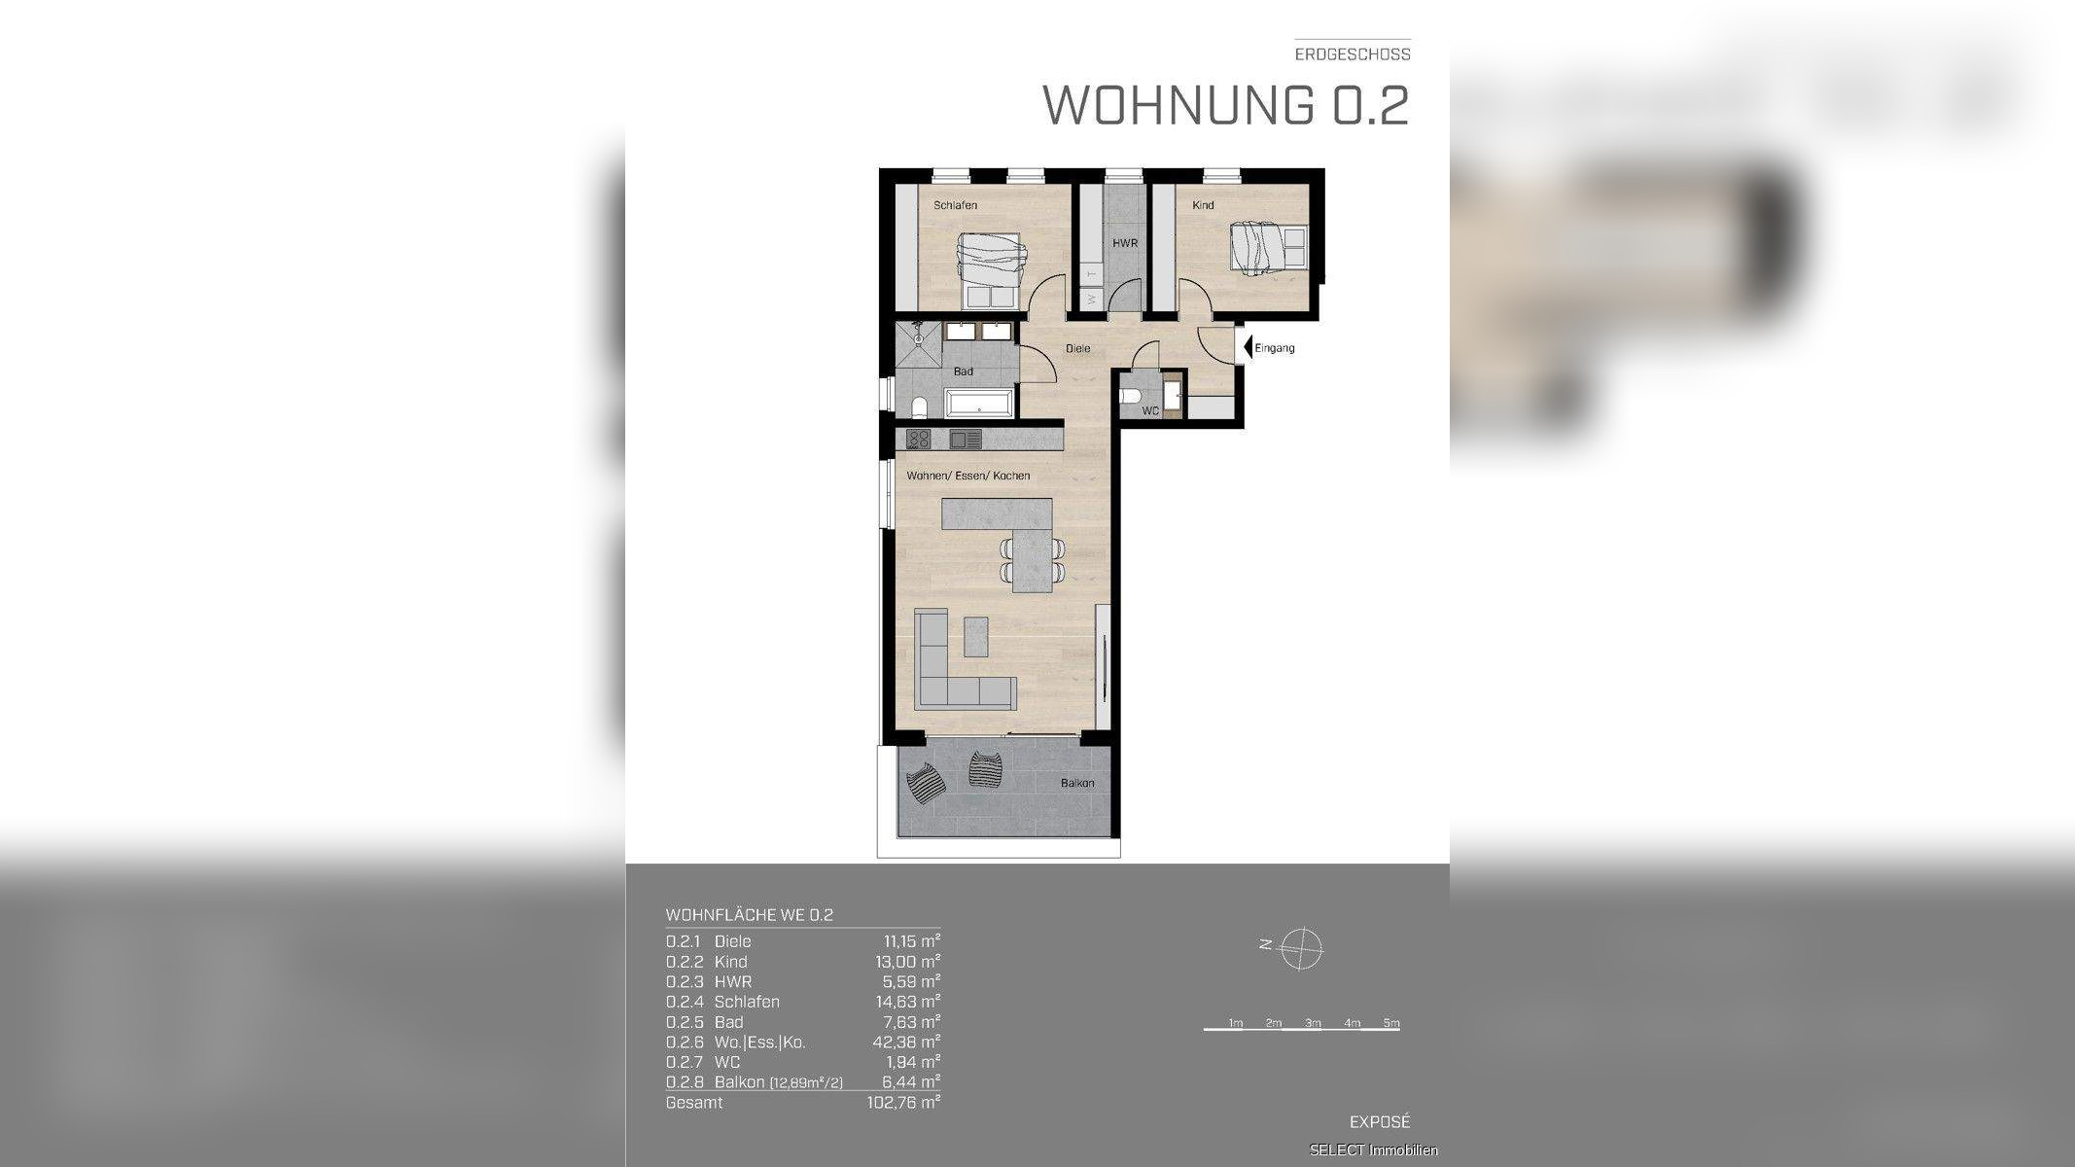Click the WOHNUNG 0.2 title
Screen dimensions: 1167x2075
pos(1225,105)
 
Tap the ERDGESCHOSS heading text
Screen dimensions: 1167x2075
pos(1352,54)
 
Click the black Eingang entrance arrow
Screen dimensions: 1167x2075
pos(1248,347)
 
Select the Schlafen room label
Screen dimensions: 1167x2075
pos(955,205)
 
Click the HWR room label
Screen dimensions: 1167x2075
pos(1125,243)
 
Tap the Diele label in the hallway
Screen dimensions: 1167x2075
pos(1077,348)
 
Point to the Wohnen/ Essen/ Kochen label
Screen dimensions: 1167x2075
pos(967,476)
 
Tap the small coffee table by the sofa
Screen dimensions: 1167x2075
pos(975,636)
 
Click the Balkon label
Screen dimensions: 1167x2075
pos(1076,783)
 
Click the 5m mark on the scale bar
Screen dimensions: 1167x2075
pos(1390,1023)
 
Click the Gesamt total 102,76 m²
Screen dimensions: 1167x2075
pos(902,1102)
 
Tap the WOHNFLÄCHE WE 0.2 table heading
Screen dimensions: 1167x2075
pos(749,915)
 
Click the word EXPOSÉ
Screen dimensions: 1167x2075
pos(1379,1121)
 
